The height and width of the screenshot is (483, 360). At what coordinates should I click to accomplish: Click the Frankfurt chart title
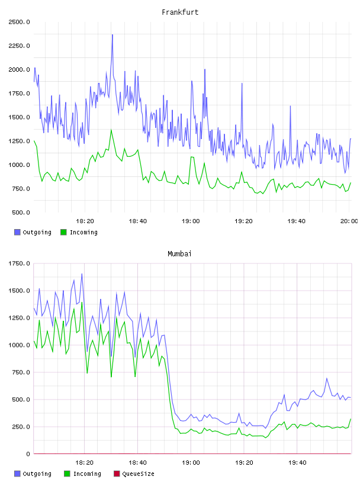tap(180, 12)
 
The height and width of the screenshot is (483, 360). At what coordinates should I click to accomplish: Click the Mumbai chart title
tap(179, 254)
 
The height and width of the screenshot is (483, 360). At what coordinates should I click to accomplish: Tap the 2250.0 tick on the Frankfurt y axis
tap(19, 46)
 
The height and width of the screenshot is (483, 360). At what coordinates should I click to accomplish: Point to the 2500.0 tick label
tap(19, 22)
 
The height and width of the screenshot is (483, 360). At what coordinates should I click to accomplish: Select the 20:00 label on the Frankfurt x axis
tap(349, 221)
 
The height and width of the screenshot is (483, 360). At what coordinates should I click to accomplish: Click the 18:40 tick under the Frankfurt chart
tap(138, 221)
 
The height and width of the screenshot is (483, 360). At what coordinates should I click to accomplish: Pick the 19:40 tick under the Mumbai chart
tap(297, 463)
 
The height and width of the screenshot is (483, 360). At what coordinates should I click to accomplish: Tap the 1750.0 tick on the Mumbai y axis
tap(19, 263)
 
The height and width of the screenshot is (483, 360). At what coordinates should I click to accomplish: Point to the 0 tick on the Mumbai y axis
tap(28, 454)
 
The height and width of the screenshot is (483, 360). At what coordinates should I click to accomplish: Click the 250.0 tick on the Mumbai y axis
tap(21, 427)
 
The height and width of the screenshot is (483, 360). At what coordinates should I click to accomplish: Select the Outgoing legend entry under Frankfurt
tap(33, 232)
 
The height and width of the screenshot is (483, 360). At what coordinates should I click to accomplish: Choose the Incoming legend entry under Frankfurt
tap(79, 232)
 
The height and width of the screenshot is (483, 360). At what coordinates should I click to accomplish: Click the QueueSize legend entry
tap(134, 474)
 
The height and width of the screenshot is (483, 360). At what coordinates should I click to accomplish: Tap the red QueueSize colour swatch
tap(117, 474)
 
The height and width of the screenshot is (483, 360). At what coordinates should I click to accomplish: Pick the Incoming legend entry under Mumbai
tap(82, 474)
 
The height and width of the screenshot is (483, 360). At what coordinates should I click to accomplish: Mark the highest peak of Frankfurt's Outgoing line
tap(112, 35)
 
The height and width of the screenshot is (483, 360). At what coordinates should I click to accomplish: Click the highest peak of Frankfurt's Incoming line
tap(111, 130)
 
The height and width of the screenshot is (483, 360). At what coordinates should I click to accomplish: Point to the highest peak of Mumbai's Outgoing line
tap(82, 273)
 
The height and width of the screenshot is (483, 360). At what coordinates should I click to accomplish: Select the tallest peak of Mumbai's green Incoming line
tap(82, 302)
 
